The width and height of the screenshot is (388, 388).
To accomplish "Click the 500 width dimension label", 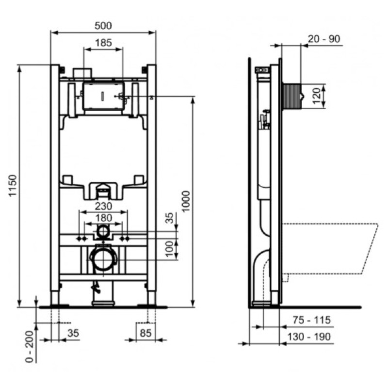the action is (103, 26).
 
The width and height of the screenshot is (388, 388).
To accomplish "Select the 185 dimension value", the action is (103, 43).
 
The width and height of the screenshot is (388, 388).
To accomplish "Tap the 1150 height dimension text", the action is (13, 185).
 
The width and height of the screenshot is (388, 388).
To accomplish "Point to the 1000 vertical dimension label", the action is (186, 201).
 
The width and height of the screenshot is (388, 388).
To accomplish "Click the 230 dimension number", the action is (103, 206).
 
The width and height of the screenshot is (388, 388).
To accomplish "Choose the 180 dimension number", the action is (103, 218).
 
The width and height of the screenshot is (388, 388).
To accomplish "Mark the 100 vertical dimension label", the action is (169, 249).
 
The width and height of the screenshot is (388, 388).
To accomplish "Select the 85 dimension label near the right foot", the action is (145, 333).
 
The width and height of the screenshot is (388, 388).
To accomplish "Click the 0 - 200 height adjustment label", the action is (30, 346).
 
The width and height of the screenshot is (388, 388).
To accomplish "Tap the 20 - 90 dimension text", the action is (323, 39).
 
